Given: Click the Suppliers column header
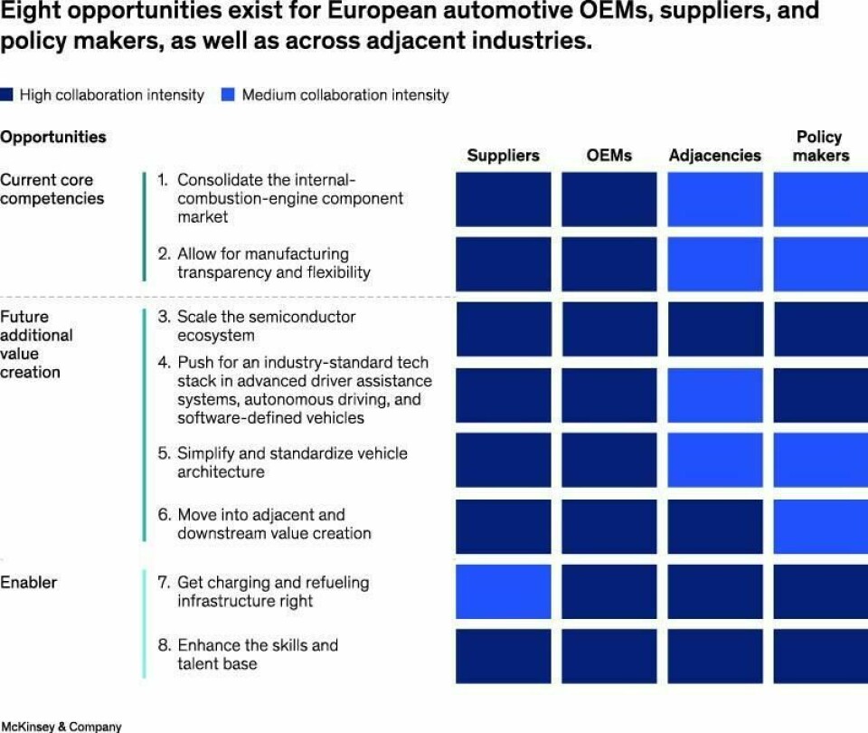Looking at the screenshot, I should [x=503, y=156].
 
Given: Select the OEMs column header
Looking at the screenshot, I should [x=609, y=156].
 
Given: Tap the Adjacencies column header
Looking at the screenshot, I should [x=714, y=156].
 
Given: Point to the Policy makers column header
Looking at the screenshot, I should [x=820, y=146].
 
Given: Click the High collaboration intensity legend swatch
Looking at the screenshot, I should [x=7, y=95].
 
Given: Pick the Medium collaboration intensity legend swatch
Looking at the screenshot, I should [x=229, y=95].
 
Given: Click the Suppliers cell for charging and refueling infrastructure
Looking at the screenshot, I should [x=503, y=592].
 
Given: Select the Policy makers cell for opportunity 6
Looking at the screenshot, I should [x=820, y=526].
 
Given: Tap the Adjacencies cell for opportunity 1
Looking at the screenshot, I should [x=714, y=199].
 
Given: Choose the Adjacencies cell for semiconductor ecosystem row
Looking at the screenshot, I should [x=714, y=328].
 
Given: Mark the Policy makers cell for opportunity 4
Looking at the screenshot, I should [x=820, y=395].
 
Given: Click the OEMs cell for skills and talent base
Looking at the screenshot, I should [x=609, y=656].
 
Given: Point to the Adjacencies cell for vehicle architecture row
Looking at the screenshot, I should [x=714, y=460].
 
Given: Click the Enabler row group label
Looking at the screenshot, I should [x=28, y=582].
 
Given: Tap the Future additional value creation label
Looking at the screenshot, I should [x=36, y=344].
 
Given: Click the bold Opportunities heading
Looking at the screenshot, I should [x=53, y=138].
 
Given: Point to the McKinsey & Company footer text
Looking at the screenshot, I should [x=61, y=727].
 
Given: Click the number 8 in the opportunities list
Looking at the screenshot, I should [x=164, y=645].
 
